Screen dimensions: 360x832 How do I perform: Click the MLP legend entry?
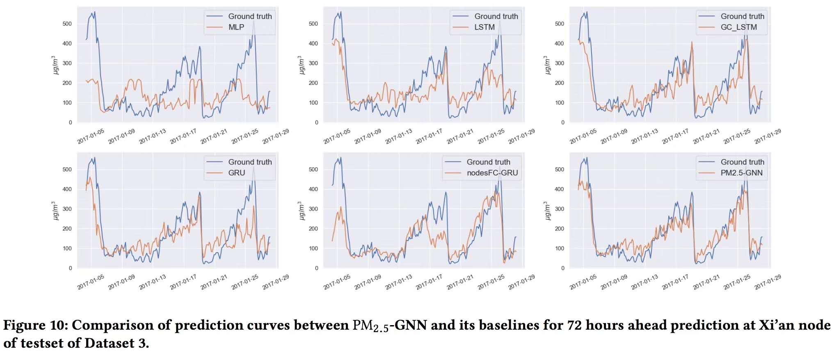point(236,27)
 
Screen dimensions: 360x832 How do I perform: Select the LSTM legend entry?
point(485,27)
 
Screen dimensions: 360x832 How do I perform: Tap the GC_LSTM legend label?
point(738,27)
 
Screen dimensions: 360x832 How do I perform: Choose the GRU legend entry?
point(237,173)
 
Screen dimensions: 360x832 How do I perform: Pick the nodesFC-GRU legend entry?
point(492,173)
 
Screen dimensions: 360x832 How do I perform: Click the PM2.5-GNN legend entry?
point(741,173)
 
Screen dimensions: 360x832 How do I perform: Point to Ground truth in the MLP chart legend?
point(250,16)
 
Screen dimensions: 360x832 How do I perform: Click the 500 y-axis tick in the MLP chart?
point(67,24)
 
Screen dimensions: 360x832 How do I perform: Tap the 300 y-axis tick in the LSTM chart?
point(313,63)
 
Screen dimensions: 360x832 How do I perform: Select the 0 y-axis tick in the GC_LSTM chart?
point(562,122)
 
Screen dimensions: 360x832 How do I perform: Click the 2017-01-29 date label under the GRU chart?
point(276,282)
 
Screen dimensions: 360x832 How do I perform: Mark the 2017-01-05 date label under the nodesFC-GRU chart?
point(337,282)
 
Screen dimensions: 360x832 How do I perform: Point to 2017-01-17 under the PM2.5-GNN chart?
point(675,282)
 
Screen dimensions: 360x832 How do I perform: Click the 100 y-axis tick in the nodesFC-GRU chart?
point(313,248)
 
